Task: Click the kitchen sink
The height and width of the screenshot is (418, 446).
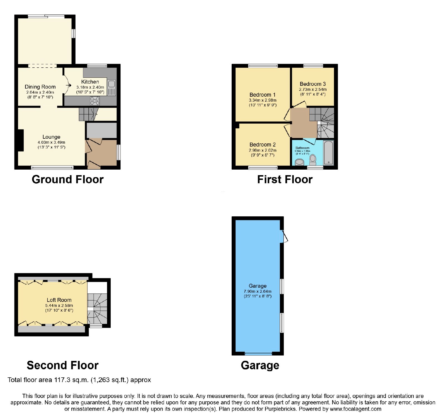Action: (111, 88)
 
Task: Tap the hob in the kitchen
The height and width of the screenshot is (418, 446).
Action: (95, 101)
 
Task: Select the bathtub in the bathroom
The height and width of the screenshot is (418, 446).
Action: (328, 153)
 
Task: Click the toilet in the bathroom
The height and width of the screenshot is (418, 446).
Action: (313, 160)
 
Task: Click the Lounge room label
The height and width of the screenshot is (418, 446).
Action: (51, 137)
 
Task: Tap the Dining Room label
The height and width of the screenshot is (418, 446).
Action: (40, 87)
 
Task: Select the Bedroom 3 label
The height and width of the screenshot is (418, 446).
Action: (313, 84)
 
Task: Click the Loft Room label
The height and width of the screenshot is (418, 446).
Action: (59, 300)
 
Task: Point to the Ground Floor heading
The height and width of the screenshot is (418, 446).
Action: (68, 179)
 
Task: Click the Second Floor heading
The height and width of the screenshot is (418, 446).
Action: (63, 365)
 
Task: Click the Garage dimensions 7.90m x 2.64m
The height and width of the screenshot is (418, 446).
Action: (258, 291)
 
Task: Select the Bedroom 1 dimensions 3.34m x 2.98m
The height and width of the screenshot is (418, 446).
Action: (263, 100)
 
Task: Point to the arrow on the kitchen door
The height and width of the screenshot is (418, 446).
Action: (68, 85)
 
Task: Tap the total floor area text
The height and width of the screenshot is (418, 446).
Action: (79, 380)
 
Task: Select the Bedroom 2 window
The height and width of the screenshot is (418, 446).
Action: (263, 167)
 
